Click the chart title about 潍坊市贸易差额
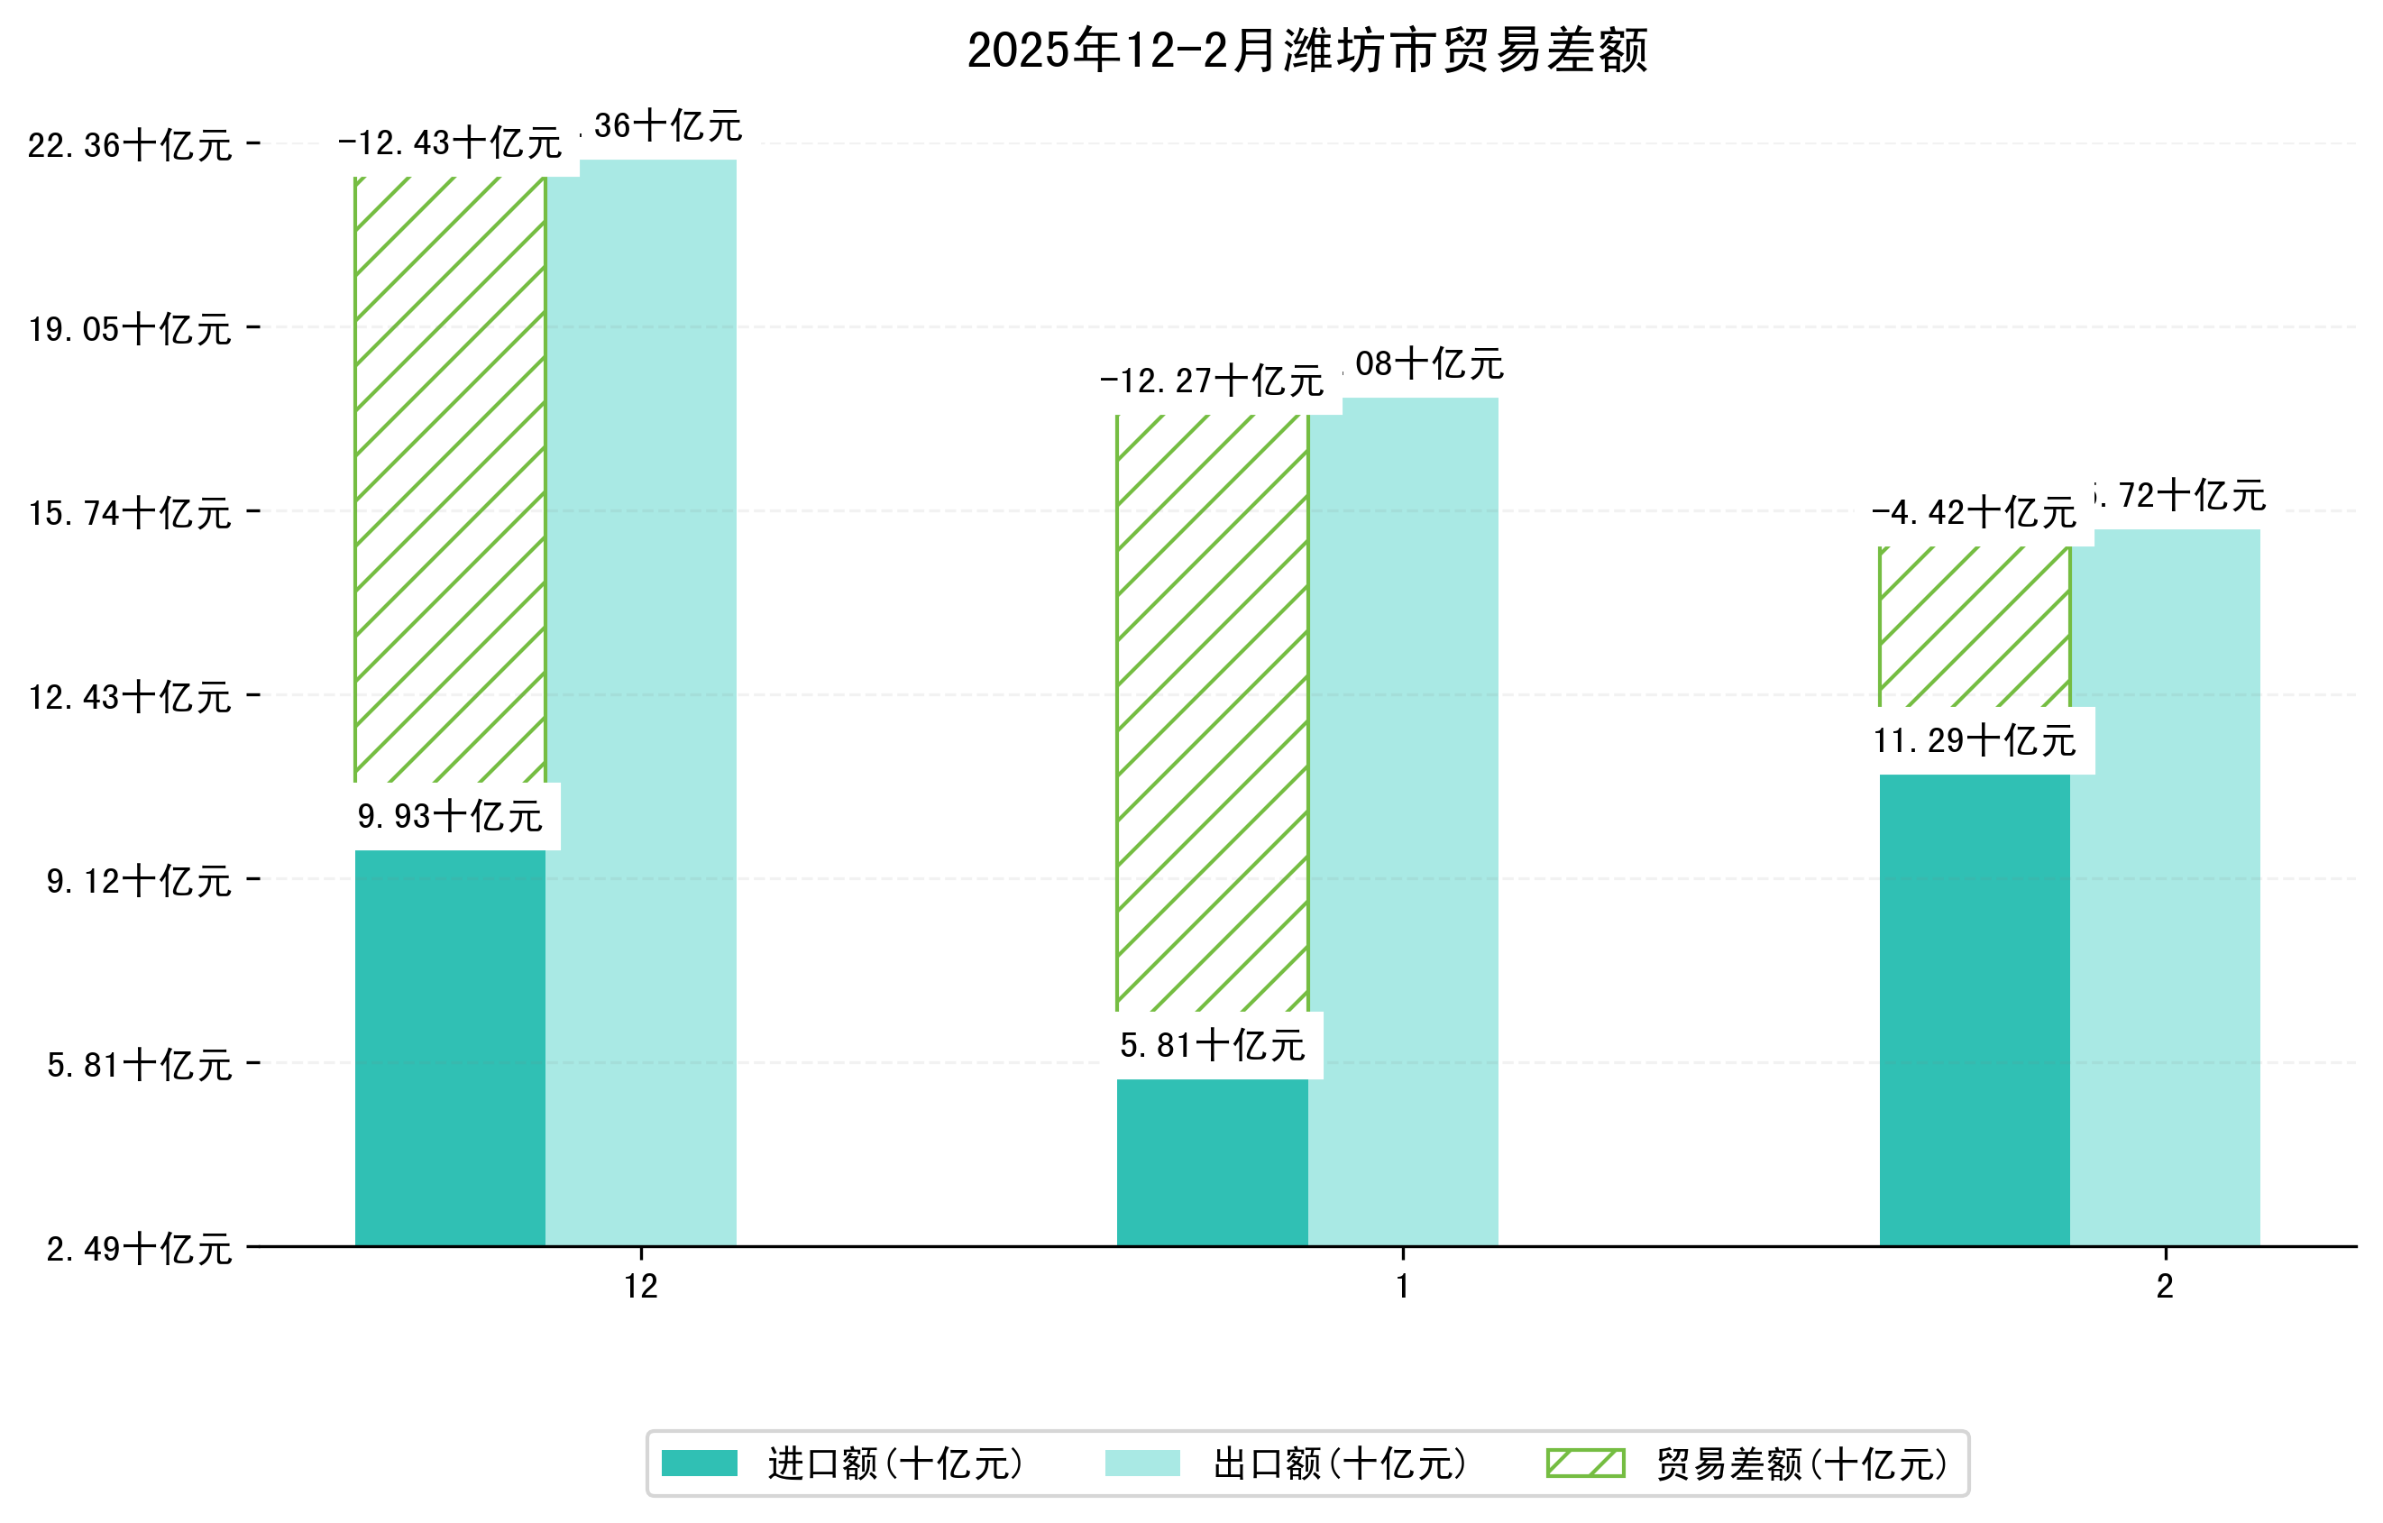(1306, 50)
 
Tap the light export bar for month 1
(1402, 821)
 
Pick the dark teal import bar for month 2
(1975, 1009)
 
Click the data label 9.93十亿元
(450, 816)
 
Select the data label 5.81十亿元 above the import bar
(1213, 1045)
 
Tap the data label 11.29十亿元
(1975, 740)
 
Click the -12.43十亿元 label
(450, 143)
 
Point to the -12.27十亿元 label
(1213, 381)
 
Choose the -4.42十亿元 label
(1975, 512)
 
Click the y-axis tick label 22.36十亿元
(130, 145)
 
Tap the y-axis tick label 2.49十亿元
(139, 1249)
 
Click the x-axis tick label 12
(641, 1287)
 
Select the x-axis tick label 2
(2166, 1287)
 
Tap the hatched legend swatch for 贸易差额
(1585, 1463)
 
